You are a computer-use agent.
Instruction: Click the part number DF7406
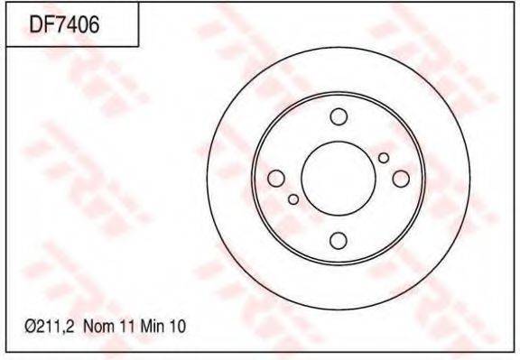pos(64,25)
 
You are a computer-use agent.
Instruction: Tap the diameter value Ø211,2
pos(50,327)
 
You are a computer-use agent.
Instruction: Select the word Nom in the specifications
pos(99,327)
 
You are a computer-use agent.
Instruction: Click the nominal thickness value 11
pos(128,327)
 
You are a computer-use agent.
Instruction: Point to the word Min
pos(153,327)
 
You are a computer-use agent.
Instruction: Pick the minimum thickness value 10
pos(178,327)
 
